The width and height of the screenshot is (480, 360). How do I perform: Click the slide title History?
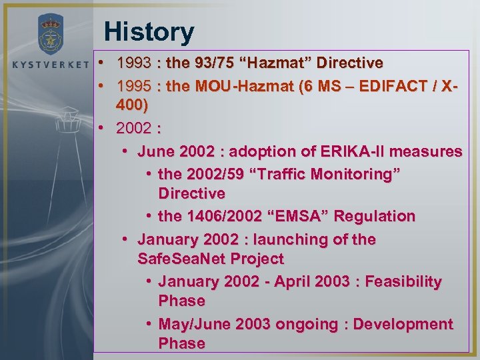(149, 31)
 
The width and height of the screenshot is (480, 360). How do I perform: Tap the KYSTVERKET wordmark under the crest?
(50, 65)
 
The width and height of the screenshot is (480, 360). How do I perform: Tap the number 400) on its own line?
(133, 105)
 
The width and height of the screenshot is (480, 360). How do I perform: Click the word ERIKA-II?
(363, 151)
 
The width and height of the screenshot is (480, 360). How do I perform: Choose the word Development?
(403, 324)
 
